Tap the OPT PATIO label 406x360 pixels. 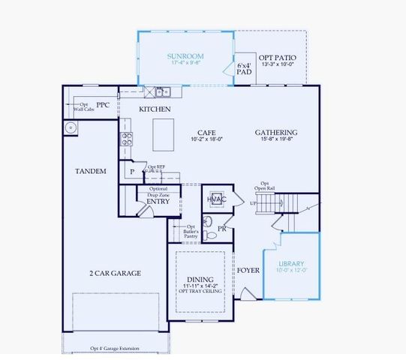tap(277, 58)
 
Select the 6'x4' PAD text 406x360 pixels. tap(245, 69)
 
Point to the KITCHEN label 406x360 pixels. tap(155, 109)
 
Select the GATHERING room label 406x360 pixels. tap(277, 132)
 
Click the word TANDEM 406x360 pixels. tap(91, 172)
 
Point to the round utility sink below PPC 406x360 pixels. tap(72, 127)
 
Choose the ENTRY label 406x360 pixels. tap(158, 201)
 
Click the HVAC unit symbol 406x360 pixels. tap(217, 199)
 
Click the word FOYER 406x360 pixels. tap(248, 270)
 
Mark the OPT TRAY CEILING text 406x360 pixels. tap(200, 291)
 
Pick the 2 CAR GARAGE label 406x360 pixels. tap(116, 273)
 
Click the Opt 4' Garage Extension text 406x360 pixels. tap(116, 348)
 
